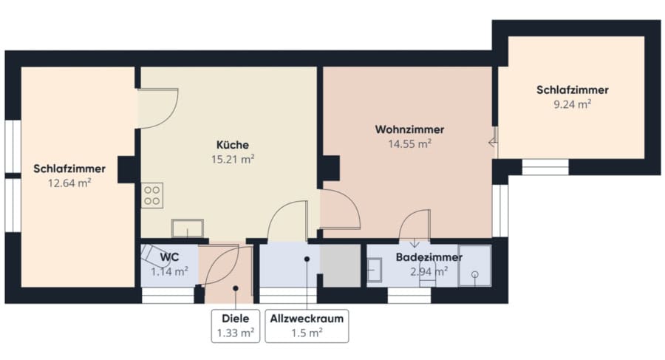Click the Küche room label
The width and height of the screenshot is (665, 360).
pos(233,145)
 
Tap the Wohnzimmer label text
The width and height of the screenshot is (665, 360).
pos(409,129)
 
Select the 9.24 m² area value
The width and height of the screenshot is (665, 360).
pos(572,104)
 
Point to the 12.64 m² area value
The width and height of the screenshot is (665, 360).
pos(69,183)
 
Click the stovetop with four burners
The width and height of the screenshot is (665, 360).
pos(151,195)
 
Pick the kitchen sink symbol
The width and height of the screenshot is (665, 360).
pos(188,228)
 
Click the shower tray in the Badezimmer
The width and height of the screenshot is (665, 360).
pos(474,265)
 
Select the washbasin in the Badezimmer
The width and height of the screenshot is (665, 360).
pos(374,270)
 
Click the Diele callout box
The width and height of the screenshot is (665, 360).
pos(236,325)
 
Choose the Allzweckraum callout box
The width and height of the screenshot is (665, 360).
pos(307,325)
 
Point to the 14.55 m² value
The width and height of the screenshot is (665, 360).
pos(409,144)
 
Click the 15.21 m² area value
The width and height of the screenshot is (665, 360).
pos(233,159)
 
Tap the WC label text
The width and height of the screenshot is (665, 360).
pos(169,257)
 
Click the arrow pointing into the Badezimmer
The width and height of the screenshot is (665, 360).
pos(415,242)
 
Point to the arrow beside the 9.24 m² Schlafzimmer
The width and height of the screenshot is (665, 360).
pos(493,142)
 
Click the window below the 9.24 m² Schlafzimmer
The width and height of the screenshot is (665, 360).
pos(545,167)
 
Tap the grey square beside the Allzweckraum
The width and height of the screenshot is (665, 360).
pos(340,265)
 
